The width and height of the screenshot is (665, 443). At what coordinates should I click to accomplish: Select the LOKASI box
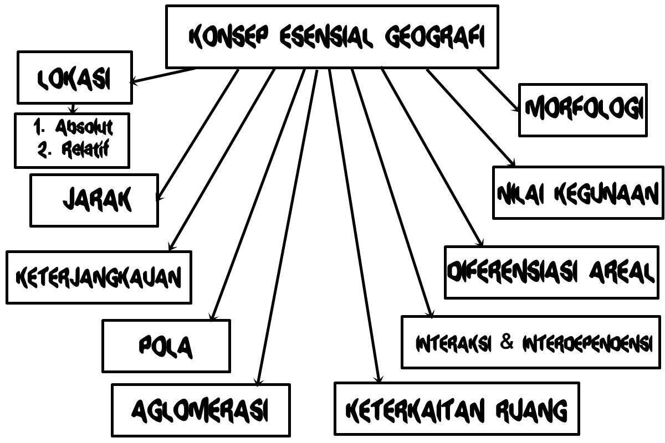(x=75, y=78)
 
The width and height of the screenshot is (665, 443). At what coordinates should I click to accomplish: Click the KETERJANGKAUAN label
(x=99, y=277)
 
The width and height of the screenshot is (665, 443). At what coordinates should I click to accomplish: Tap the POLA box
(x=166, y=346)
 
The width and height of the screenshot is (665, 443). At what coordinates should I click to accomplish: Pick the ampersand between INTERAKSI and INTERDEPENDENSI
(x=507, y=343)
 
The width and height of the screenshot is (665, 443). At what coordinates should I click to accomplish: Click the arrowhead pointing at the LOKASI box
(x=134, y=83)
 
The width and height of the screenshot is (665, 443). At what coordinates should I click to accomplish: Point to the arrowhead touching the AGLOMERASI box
(x=258, y=382)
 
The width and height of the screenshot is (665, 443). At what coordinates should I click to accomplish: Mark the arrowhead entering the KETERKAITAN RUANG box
(x=378, y=379)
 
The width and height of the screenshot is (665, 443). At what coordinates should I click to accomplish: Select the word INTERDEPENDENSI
(x=586, y=343)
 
